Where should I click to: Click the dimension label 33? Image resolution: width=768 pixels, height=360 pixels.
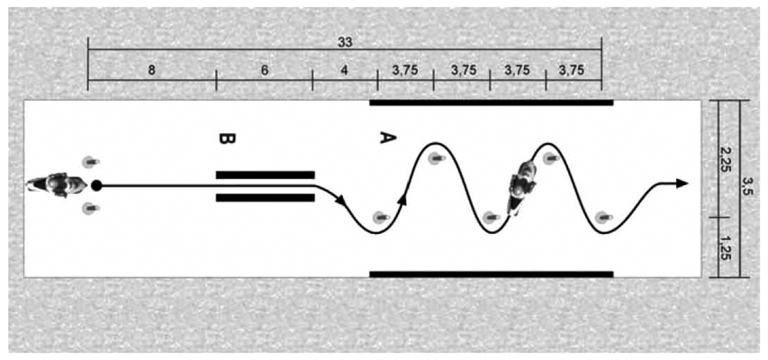pos(345,42)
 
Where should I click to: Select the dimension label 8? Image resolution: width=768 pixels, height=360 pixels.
pos(152,70)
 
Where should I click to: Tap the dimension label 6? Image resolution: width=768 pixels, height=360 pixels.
pos(265,70)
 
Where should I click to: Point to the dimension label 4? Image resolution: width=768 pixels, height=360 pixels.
pos(345,70)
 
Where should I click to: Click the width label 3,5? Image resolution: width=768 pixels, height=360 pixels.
pos(750,190)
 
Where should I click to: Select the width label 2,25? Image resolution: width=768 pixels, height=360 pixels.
pos(728,158)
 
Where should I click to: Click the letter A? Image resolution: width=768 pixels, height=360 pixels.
pos(387,138)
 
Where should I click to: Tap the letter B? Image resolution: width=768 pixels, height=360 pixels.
pos(227,139)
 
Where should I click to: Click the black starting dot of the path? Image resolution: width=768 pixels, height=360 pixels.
pos(96,185)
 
